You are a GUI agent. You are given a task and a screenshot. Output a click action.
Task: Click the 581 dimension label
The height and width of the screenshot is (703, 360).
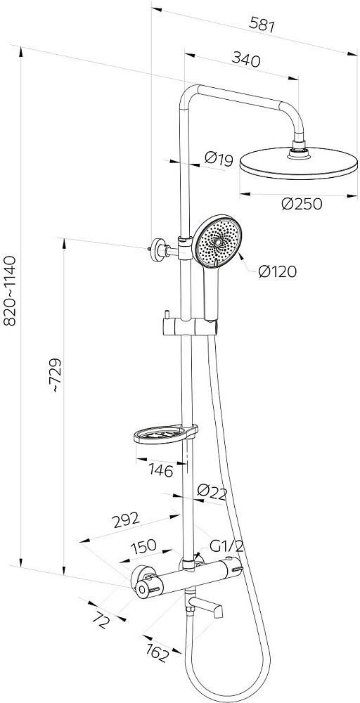coord(262,24)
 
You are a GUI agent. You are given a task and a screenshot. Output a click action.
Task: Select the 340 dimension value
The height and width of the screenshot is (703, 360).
coord(245,59)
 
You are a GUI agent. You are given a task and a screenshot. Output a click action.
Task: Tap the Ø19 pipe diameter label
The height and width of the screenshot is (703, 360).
coord(219,159)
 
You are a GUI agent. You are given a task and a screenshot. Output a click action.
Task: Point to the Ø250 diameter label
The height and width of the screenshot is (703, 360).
coord(302,204)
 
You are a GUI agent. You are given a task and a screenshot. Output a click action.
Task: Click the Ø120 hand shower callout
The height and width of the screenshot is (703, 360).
coord(278,271)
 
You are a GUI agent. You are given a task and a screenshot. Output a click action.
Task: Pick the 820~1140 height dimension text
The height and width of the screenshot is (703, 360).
coord(9,291)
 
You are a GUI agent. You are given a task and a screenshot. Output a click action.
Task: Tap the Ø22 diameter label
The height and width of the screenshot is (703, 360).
coord(212,492)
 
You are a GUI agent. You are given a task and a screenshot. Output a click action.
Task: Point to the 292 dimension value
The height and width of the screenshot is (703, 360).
coord(126,520)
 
